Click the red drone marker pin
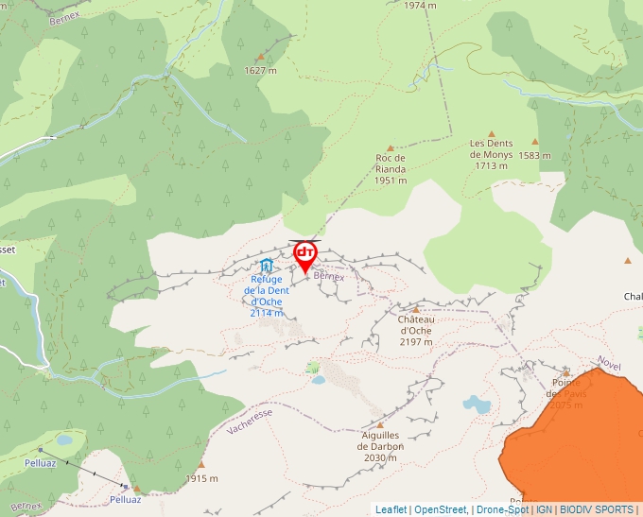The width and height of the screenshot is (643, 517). [305, 256]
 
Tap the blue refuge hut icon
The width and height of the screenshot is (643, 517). [267, 266]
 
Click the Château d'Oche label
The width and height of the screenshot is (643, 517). [416, 330]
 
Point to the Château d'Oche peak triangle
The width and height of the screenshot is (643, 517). [416, 308]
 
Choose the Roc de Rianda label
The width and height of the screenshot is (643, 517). [390, 168]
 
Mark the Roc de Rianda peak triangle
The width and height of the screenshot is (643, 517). [390, 147]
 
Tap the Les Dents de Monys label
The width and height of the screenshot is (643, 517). [491, 154]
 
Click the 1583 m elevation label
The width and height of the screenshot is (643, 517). [534, 155]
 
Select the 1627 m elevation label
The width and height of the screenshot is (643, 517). [260, 70]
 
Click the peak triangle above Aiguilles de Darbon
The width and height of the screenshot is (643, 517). [380, 424]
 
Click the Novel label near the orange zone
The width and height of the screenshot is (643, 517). [610, 364]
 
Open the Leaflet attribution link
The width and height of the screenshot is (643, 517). [391, 509]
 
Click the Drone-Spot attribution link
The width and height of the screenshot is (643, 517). [502, 509]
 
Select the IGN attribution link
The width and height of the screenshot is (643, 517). [544, 509]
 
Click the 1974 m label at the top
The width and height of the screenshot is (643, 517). [420, 5]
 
